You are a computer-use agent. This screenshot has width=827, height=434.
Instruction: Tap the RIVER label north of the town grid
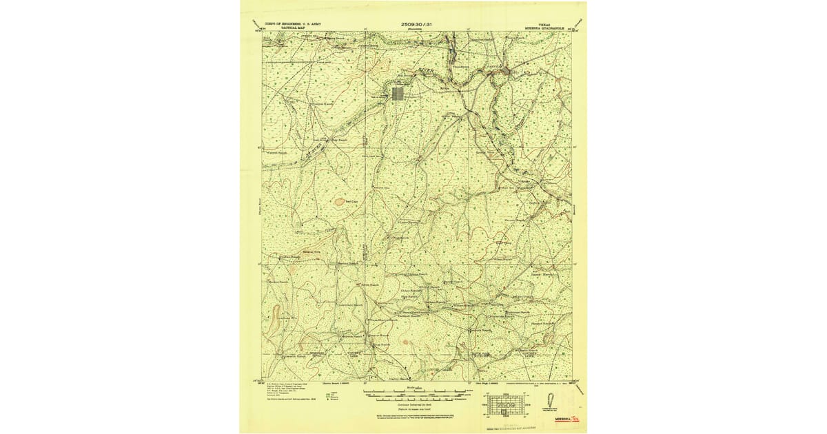pos(425,70)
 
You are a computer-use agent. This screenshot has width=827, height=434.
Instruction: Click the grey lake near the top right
pos(505,70)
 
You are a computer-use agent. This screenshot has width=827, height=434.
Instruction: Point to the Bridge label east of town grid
pos(445,89)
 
